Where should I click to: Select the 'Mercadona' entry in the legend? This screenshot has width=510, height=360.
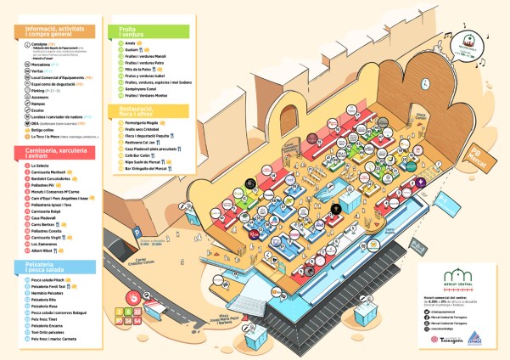(42, 63)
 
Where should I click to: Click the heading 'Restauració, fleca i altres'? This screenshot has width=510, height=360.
(136, 110)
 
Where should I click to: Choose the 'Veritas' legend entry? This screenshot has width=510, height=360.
(39, 69)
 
